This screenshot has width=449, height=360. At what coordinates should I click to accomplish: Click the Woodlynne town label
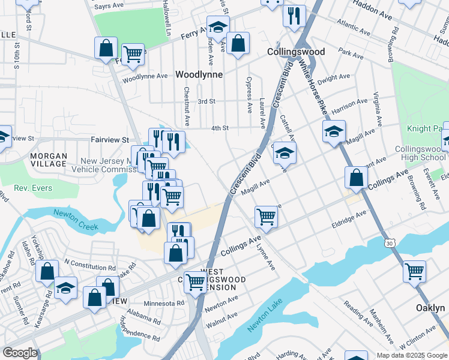coord(199,74)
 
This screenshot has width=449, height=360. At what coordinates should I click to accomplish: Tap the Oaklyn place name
coord(430,308)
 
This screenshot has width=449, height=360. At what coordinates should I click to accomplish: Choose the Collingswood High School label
coord(420,153)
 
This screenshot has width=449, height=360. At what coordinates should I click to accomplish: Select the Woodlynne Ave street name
coord(145,77)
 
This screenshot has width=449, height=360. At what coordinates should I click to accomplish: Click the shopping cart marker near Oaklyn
coord(414,271)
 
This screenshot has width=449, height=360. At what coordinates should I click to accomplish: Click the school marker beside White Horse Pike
coord(334,131)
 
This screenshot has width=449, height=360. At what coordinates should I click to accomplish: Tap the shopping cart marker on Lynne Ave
coord(266,217)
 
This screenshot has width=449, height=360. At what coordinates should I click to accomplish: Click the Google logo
coord(20,353)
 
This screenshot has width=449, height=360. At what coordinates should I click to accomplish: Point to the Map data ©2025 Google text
coord(412,355)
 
